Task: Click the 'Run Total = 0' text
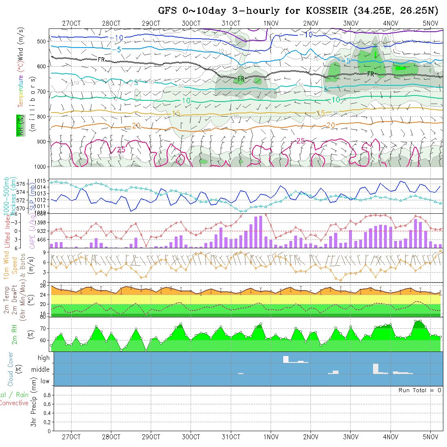click(x=420, y=390)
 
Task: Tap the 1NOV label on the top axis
click(x=271, y=23)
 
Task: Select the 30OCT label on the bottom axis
click(x=191, y=437)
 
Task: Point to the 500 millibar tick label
click(x=41, y=41)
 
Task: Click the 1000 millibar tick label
click(x=39, y=167)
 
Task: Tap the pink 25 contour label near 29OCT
click(x=121, y=150)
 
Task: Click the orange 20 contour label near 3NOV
click(x=330, y=125)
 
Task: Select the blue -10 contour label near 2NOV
click(x=307, y=35)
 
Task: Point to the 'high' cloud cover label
click(x=43, y=358)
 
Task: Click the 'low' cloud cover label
click(x=45, y=381)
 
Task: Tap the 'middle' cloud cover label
click(x=41, y=370)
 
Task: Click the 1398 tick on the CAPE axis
click(x=41, y=222)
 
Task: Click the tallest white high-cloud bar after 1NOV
click(x=286, y=359)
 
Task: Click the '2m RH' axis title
click(x=15, y=334)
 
